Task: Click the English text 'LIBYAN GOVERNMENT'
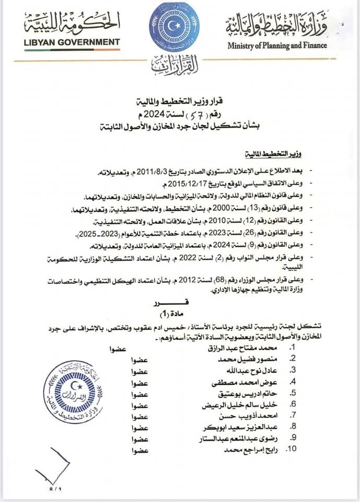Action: pos(72,42)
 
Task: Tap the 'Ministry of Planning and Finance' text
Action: pos(277,45)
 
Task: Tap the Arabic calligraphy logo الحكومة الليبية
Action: pos(72,22)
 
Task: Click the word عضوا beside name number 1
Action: pos(119,348)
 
